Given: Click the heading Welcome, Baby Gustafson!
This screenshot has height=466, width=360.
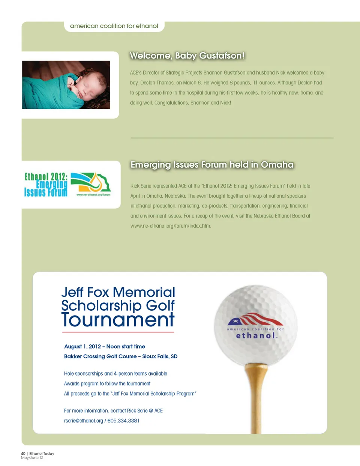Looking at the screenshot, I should coord(187,56).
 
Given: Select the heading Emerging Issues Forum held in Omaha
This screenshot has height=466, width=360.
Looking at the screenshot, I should coord(212,165).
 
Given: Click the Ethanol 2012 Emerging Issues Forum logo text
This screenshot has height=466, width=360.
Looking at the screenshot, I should coord(46,185).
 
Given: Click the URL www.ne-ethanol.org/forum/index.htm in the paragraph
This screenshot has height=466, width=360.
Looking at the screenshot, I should coord(171,226).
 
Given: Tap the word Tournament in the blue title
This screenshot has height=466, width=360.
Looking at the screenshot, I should coord(118,320).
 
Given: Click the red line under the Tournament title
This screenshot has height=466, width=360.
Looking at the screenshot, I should coord(118,332).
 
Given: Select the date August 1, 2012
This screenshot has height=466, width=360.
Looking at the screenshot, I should coord(82,346).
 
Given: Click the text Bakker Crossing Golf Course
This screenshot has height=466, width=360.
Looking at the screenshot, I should coord(100,356).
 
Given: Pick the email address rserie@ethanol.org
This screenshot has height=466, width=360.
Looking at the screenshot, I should coord(83,421).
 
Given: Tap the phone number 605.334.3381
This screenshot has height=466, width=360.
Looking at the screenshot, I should coord(123,421).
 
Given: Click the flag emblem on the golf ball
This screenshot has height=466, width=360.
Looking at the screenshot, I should coord(255,319).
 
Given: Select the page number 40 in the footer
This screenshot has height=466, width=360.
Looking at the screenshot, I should coord(23,454).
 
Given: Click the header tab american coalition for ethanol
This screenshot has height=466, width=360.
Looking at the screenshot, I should coord(114,26).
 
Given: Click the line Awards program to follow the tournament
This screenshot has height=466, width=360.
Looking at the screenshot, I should coord(107,383).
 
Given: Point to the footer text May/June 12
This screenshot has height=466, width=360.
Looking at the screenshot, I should coord(32,458).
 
